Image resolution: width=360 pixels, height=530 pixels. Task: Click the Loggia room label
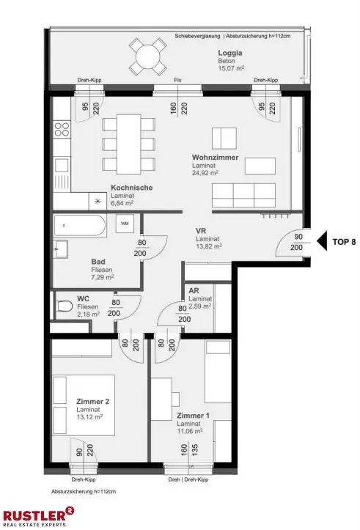point(230,53)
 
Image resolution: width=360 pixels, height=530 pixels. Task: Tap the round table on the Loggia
point(147,56)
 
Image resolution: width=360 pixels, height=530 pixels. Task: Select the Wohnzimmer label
point(215,157)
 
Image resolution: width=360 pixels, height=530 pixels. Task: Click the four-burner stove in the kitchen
point(62,129)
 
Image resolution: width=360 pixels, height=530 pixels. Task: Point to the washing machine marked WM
point(125,224)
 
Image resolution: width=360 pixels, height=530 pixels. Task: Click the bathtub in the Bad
point(80,226)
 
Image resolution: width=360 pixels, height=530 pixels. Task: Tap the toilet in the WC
point(65,306)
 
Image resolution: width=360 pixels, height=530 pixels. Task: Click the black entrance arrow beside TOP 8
point(322,241)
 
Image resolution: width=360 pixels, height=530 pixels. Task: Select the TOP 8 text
point(344,242)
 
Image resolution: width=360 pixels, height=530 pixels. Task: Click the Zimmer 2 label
point(92,402)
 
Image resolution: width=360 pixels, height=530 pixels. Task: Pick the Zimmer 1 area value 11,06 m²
point(190,431)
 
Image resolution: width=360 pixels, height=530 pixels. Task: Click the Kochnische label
point(131,188)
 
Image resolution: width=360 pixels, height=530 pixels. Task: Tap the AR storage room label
point(194,290)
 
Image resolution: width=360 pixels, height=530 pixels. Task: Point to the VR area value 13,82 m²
point(208,246)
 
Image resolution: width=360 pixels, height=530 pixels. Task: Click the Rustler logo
point(39,517)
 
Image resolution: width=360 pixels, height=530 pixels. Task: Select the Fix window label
point(178,80)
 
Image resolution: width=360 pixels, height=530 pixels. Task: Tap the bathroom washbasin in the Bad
point(61,249)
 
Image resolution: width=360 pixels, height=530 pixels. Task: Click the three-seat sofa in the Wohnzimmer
point(243,195)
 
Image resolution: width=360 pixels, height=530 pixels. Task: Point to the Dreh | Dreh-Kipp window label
point(188,479)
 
